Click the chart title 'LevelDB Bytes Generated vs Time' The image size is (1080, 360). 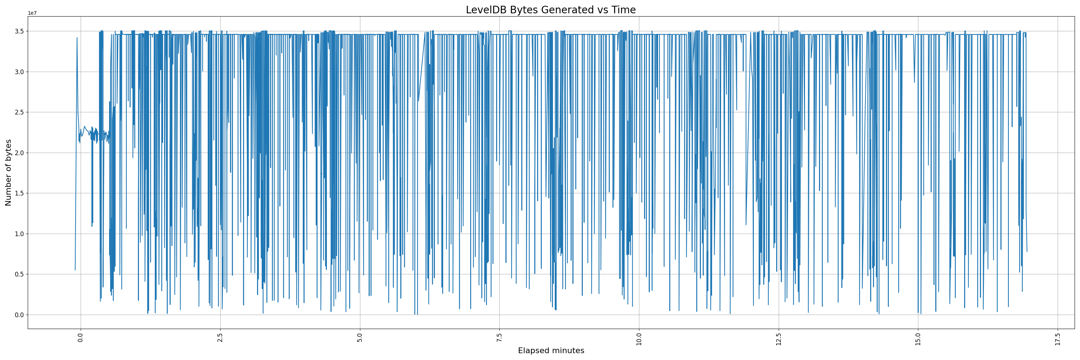point(550,10)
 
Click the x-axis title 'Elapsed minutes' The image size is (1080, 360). point(551,351)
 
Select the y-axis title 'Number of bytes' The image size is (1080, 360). point(8,173)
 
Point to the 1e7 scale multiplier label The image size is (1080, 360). point(32,13)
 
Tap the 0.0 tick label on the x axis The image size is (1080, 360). point(81,338)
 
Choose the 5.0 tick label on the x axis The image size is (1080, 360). point(360,338)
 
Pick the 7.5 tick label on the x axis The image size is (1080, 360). point(499,338)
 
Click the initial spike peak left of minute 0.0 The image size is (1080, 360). point(77,38)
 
